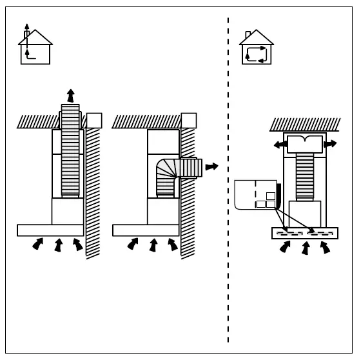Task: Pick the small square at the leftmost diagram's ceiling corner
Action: (94, 121)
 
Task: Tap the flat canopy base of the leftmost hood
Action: (50, 230)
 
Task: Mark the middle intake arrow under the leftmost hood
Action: (58, 245)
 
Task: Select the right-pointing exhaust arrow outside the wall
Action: (211, 166)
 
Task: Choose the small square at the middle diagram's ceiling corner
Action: (189, 120)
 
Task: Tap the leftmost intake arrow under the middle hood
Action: (133, 244)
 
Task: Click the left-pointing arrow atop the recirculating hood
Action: (280, 145)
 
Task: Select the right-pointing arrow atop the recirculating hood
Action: (330, 144)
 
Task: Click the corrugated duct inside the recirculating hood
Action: (305, 177)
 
